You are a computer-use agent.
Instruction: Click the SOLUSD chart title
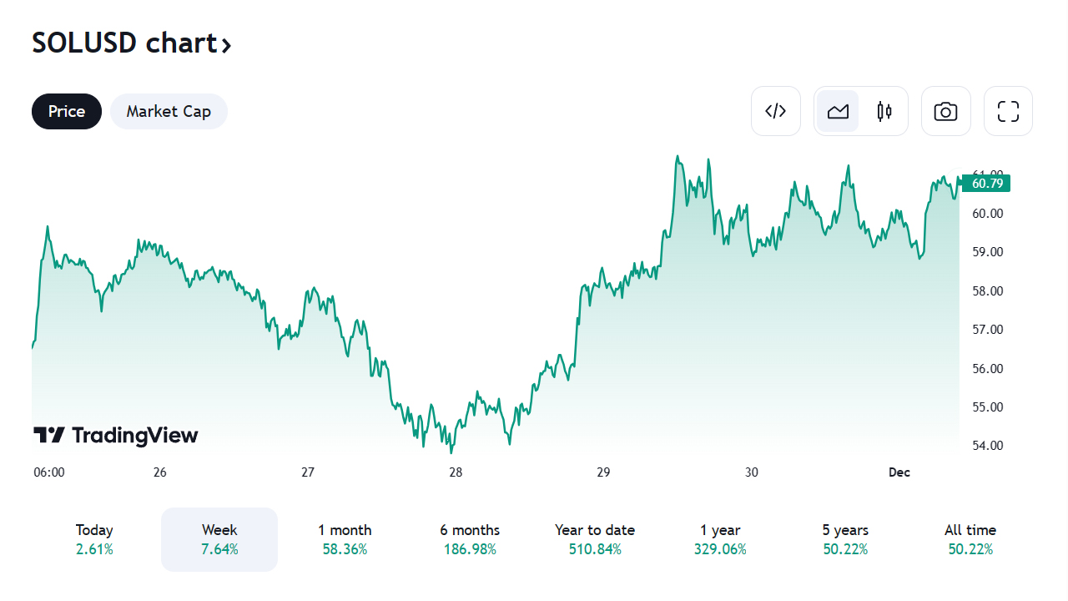(131, 43)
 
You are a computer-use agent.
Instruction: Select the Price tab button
(67, 111)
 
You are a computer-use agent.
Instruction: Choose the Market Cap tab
(169, 111)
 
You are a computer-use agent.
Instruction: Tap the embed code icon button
(776, 111)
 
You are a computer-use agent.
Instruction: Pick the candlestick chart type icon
(884, 111)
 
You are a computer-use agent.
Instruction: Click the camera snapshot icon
(945, 111)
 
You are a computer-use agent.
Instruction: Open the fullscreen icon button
(1008, 111)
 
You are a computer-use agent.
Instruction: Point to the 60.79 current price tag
(986, 183)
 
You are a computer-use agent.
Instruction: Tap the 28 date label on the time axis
(456, 472)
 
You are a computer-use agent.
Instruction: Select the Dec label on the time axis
(899, 472)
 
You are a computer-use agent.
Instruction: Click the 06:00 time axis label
(49, 472)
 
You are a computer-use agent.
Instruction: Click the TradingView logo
(116, 435)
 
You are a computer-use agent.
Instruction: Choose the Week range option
(219, 539)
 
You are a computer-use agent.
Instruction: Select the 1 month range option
(345, 539)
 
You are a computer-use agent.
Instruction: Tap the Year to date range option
(595, 539)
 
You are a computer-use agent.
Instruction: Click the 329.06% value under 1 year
(720, 549)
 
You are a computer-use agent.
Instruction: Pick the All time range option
(970, 539)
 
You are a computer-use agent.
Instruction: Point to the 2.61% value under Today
(94, 549)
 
